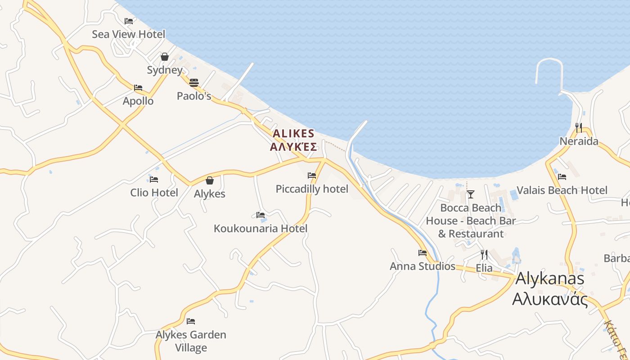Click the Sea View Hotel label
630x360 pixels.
128,34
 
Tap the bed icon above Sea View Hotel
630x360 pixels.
129,21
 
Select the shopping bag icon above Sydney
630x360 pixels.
165,57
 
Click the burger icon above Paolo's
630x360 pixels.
194,82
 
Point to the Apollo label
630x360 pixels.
138,101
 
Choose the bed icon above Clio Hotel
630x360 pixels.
154,179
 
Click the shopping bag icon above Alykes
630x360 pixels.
210,180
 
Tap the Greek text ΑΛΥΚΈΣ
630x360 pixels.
293,147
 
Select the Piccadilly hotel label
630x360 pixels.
312,189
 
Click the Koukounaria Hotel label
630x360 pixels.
261,229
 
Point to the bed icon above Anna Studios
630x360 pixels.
422,253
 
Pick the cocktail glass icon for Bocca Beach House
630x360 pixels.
471,194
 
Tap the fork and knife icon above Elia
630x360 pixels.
484,255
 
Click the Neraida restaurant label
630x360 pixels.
579,141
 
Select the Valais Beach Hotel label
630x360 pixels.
562,190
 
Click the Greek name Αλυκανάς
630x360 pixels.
550,298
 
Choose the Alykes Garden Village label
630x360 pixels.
191,341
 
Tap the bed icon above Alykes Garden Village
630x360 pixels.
191,321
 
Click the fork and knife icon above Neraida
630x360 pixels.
579,128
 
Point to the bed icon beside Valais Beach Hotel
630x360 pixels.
562,177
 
